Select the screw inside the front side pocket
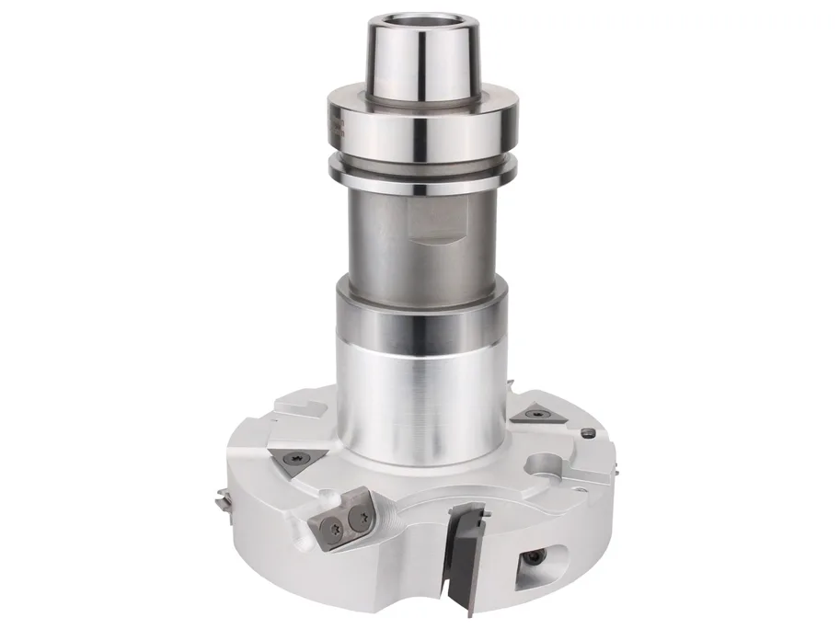[x=534, y=558]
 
